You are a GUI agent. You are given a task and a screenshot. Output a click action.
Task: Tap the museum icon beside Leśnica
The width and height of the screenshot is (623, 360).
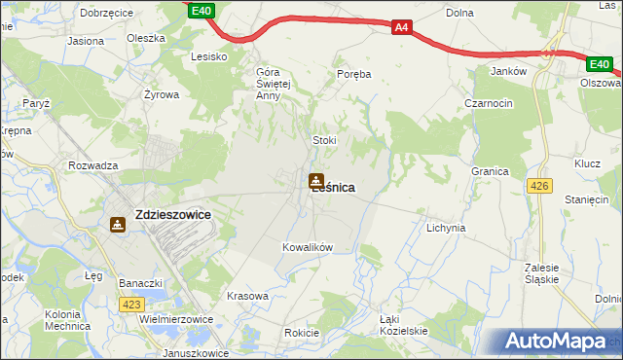[315, 181]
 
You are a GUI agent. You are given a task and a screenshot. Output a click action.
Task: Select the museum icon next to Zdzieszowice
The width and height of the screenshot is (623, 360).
[118, 225]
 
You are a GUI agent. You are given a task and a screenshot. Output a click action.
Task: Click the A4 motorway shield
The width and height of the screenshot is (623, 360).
[401, 28]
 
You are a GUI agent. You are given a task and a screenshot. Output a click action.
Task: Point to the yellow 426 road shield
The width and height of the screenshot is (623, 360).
[538, 186]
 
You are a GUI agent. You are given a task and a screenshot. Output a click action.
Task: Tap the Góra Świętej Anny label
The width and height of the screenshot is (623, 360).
[274, 84]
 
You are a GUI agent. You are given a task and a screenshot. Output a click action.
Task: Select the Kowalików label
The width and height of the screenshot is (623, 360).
[308, 247]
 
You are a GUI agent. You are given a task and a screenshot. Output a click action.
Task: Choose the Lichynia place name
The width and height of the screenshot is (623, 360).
[446, 228]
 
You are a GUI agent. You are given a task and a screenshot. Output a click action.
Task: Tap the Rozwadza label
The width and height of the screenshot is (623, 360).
[93, 165]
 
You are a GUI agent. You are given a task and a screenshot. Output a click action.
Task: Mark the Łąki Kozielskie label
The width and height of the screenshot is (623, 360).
[403, 326]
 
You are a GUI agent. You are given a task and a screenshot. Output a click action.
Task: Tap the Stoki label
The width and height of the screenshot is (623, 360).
[324, 140]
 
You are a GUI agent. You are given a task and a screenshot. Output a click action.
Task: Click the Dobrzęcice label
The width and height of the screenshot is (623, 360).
[107, 14]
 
